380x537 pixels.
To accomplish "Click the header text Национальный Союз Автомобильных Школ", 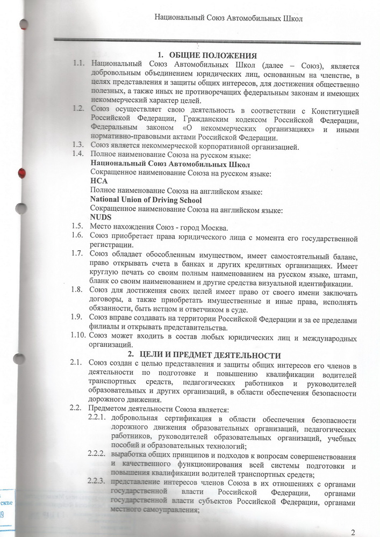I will coord(228,18).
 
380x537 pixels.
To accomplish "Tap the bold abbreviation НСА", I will coord(99,182).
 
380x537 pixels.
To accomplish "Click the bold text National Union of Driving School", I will coord(146,200).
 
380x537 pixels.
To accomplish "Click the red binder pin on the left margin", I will coord(22,172).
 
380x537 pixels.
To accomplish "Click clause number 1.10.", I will coord(77,337).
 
